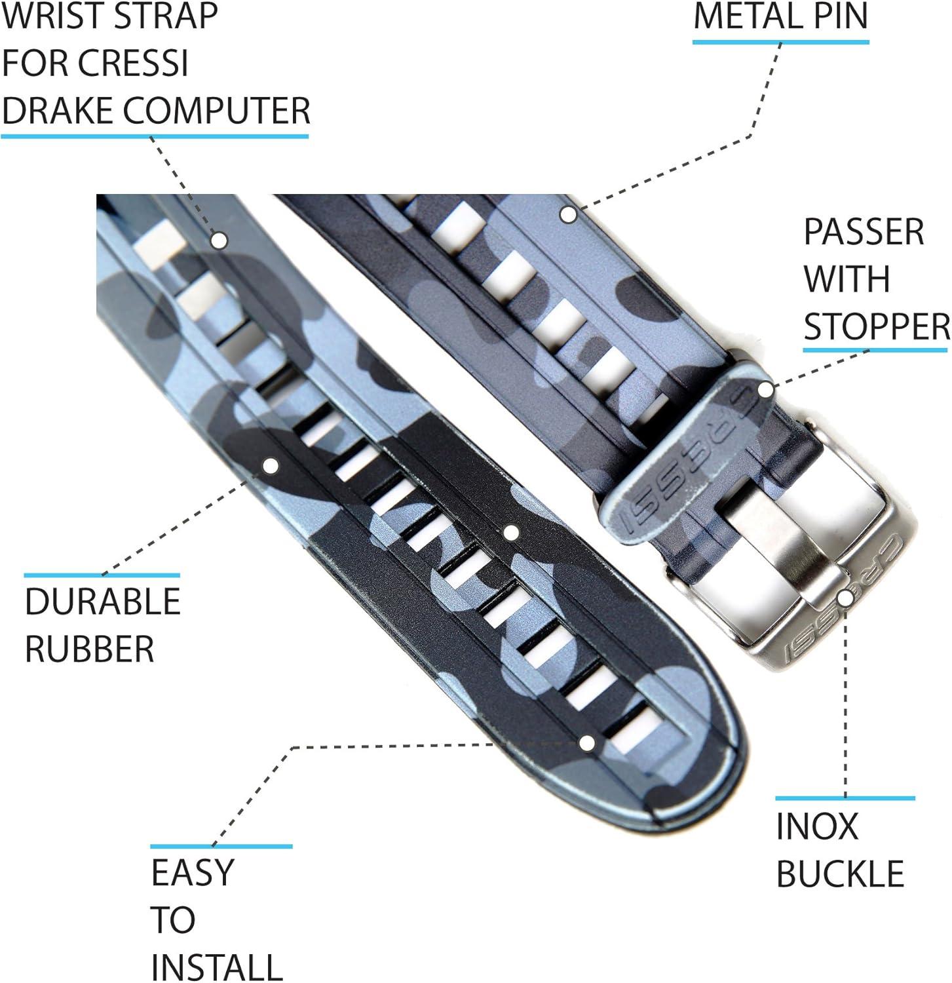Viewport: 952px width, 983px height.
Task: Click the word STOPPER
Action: tap(877, 326)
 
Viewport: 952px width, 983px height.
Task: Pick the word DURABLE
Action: tap(102, 601)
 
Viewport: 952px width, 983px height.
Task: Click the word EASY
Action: tap(192, 872)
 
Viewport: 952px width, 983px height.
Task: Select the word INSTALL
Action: tap(216, 967)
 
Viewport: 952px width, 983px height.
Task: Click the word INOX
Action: tap(816, 826)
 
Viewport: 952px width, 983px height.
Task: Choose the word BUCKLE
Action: tap(840, 874)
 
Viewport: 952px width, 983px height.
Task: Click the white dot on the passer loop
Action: tap(765, 389)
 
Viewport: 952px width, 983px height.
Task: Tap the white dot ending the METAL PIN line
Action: tap(568, 214)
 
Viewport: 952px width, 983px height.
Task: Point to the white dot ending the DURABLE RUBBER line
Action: tap(271, 465)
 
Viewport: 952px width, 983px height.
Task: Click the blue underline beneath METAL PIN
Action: tap(780, 43)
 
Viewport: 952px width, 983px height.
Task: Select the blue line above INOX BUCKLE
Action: tap(845, 798)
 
